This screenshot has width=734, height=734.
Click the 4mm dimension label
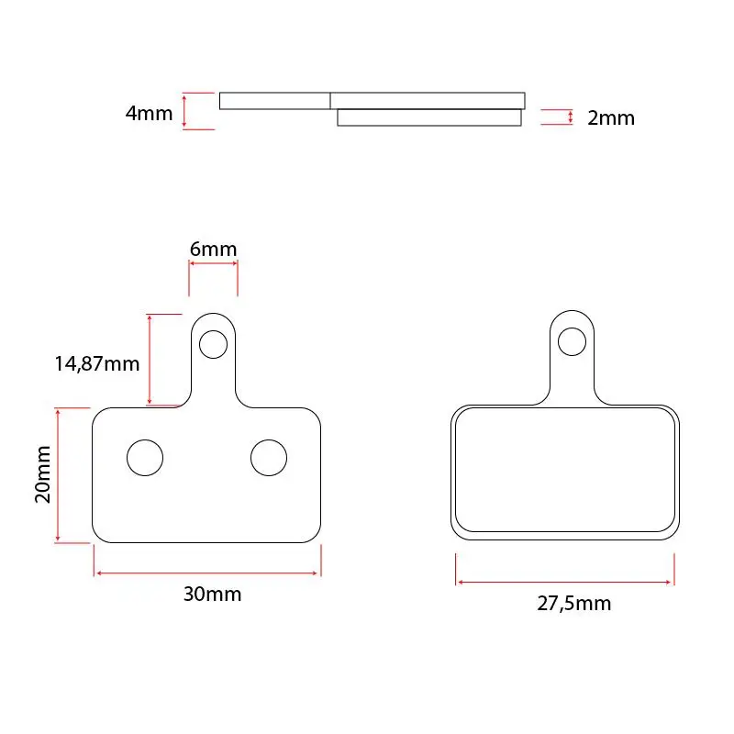pyautogui.click(x=149, y=113)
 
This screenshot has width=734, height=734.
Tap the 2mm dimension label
pyautogui.click(x=611, y=118)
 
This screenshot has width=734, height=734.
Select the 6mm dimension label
pyautogui.click(x=214, y=249)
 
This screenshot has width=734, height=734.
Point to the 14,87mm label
pyautogui.click(x=97, y=363)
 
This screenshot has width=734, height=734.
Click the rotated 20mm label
pyautogui.click(x=42, y=474)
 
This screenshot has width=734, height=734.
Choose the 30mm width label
pyautogui.click(x=212, y=594)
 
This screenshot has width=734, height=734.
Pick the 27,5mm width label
pyautogui.click(x=574, y=604)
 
